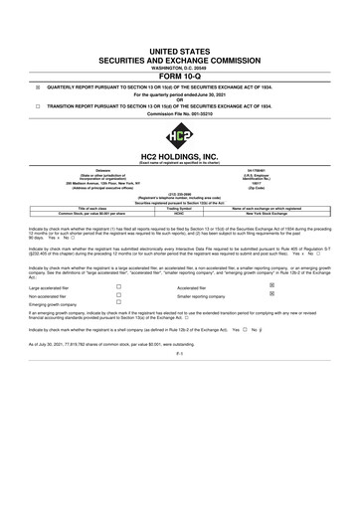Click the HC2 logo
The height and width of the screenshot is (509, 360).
click(x=180, y=133)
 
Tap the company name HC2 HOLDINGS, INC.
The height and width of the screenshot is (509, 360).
click(x=180, y=158)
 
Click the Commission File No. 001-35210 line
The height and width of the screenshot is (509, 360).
click(x=180, y=115)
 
